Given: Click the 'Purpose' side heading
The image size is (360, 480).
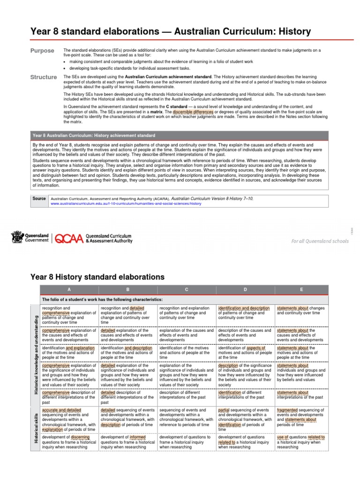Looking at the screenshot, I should pos(42,51).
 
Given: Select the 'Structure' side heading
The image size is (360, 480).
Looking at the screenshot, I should pos(44,77).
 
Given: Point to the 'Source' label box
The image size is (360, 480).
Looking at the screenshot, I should pos(39,199).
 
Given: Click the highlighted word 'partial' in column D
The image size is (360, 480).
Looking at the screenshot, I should pos(224,410).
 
